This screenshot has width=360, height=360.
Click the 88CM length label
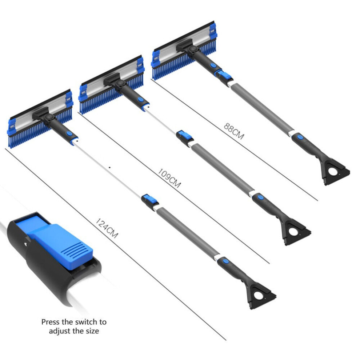(x=234, y=131)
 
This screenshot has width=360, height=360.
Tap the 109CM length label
(x=169, y=178)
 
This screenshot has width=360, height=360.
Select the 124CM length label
(x=107, y=228)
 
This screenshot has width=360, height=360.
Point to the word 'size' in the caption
(x=92, y=331)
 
